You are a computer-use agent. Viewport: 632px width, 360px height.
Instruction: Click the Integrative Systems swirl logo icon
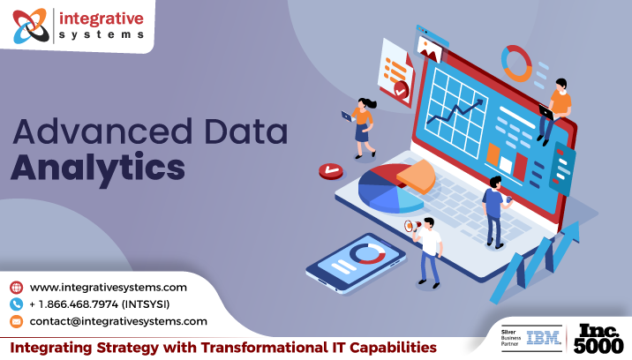[31, 26]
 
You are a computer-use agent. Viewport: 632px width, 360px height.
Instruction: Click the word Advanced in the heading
[102, 131]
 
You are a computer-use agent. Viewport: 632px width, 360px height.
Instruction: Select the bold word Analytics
[98, 168]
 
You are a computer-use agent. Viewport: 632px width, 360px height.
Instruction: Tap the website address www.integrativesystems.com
[108, 288]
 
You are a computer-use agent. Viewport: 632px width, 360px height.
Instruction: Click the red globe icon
[16, 288]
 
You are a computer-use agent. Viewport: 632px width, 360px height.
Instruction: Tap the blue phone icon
[16, 304]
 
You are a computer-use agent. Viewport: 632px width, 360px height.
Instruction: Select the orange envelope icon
[16, 321]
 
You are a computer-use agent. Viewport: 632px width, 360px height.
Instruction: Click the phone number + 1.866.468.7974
[74, 304]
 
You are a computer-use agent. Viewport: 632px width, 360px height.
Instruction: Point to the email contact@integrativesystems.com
[118, 321]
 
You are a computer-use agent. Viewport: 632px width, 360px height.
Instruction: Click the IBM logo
[544, 338]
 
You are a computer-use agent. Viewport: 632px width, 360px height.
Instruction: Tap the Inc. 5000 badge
[598, 339]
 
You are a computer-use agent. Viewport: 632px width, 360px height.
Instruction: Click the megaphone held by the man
[413, 226]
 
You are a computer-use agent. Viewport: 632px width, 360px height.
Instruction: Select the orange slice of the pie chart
[417, 176]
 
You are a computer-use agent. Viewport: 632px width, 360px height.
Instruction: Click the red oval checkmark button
[331, 171]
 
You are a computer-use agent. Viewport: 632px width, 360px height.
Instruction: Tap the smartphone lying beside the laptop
[356, 262]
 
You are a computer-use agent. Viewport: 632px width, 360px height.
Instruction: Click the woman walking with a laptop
[363, 127]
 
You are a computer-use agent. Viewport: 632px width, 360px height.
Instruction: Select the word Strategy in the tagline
[129, 348]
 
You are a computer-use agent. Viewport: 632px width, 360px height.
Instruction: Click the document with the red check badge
[396, 72]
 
